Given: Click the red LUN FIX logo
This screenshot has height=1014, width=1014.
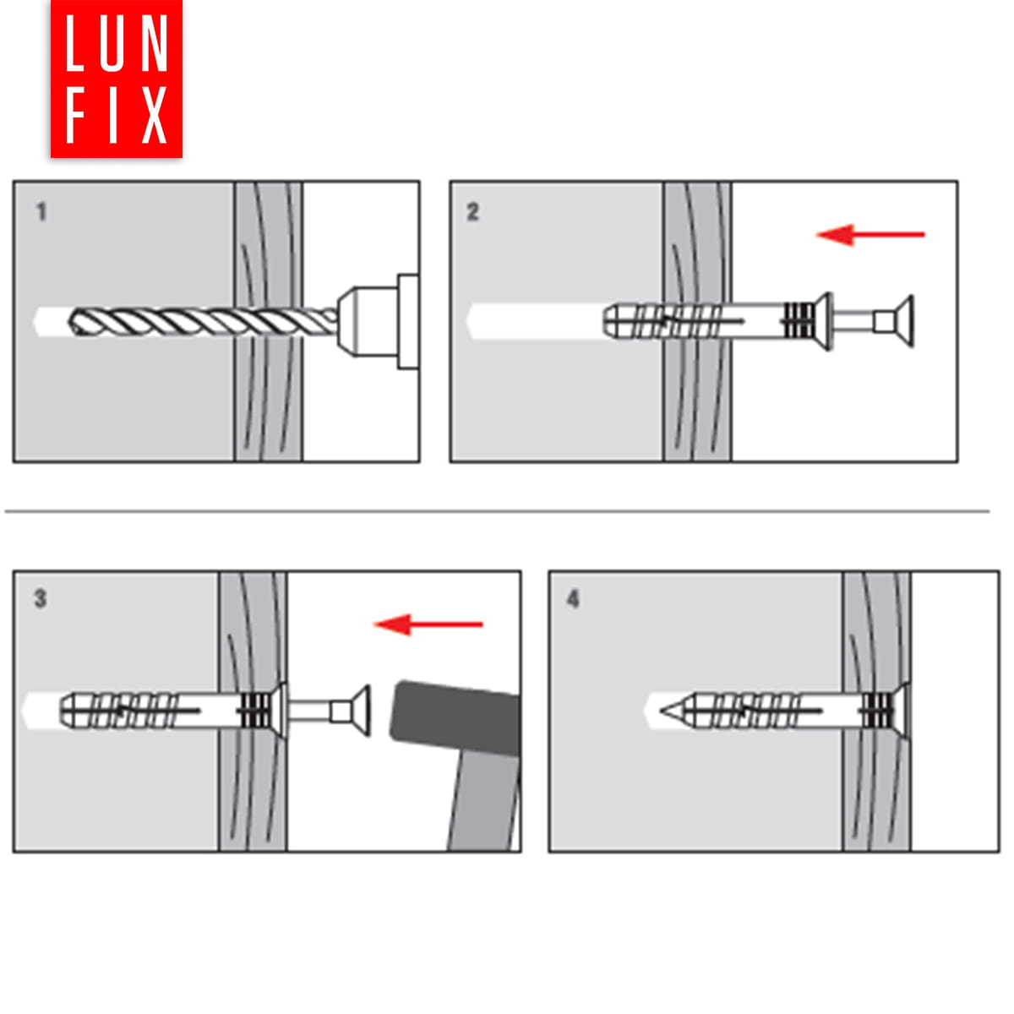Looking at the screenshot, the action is click(x=117, y=79).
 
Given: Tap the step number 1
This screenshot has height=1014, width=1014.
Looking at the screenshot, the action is click(x=41, y=212).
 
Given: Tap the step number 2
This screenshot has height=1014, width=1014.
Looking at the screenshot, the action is click(x=472, y=212).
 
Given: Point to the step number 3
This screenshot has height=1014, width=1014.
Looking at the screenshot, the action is click(x=41, y=598).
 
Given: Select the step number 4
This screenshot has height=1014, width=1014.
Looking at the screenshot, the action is click(x=573, y=599).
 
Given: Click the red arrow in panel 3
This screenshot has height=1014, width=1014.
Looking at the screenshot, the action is click(x=428, y=624).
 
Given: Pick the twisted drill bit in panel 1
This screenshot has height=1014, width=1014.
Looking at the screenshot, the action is click(x=203, y=322).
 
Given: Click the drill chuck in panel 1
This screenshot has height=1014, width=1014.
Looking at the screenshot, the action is click(x=378, y=321).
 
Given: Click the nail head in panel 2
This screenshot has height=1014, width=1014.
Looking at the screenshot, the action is click(x=905, y=321).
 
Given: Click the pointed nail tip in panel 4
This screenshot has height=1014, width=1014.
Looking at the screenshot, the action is click(x=661, y=711).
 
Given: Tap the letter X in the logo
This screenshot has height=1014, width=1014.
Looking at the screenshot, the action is click(x=154, y=115).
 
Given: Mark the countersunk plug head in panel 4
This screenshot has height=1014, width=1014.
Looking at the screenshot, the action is click(x=899, y=711).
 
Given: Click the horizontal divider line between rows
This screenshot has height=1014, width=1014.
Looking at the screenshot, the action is click(x=497, y=511).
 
